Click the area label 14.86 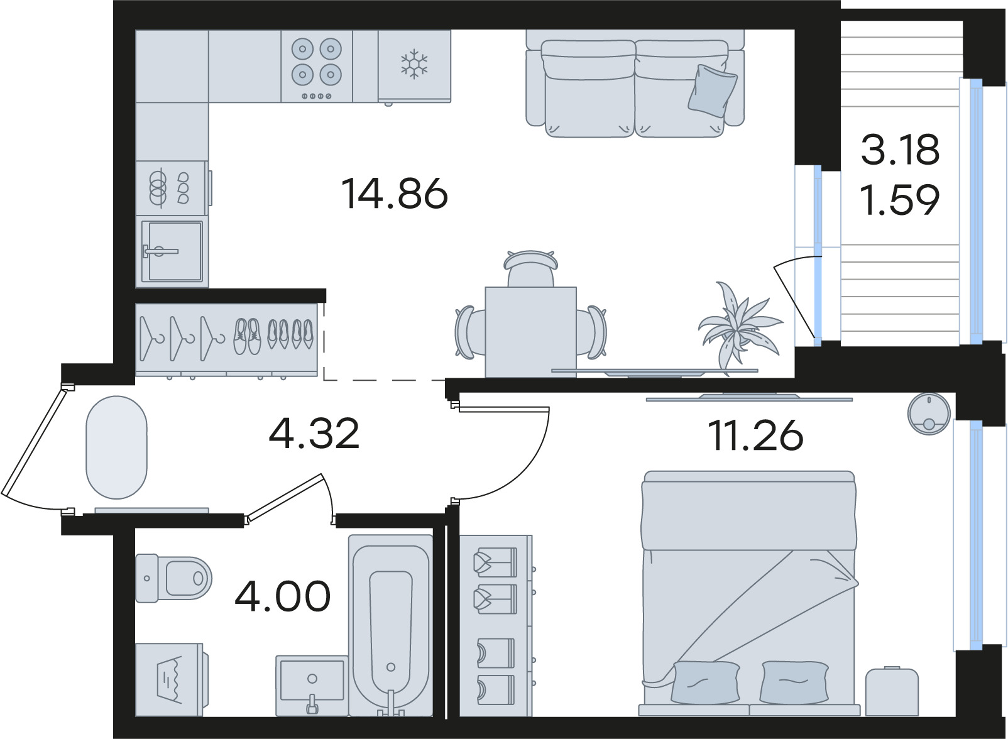(x=395, y=194)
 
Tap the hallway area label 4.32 (x=314, y=434)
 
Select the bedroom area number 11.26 (x=755, y=435)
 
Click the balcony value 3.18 (x=900, y=150)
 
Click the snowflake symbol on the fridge (x=415, y=63)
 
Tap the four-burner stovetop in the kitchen (x=317, y=66)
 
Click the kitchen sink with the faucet (x=172, y=251)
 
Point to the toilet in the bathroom (x=173, y=578)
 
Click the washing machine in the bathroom (x=172, y=679)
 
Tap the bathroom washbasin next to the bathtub (x=312, y=686)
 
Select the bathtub (x=391, y=626)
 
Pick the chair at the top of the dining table (x=531, y=268)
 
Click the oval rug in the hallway (x=116, y=447)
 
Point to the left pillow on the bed (x=706, y=682)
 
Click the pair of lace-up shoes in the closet (x=247, y=336)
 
